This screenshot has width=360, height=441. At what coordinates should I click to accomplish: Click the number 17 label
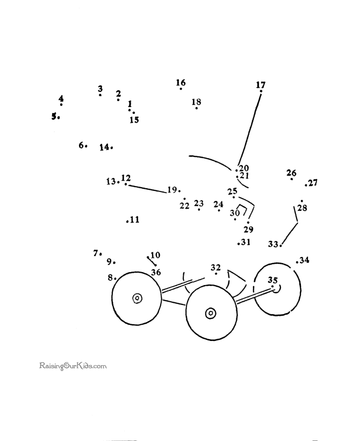261,84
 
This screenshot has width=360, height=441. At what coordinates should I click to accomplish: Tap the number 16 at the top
181,82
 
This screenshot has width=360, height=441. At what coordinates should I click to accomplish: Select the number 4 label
61,98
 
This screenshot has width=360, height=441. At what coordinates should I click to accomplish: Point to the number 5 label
54,116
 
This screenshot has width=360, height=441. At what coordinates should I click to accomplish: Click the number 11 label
134,219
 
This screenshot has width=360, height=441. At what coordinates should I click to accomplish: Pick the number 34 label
304,260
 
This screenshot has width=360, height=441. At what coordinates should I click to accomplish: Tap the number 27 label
312,183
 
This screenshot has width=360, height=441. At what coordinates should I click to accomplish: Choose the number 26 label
291,173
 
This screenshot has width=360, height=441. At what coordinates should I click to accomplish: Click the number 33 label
273,244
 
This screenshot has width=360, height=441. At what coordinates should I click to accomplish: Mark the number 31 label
246,243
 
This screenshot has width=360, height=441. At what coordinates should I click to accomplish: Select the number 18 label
196,102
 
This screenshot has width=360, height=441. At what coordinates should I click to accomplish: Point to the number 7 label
96,252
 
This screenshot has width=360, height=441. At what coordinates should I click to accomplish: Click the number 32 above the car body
215,267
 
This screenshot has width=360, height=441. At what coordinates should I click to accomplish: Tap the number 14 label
104,147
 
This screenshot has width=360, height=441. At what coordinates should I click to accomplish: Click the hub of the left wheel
137,297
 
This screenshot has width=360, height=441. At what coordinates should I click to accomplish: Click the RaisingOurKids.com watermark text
73,366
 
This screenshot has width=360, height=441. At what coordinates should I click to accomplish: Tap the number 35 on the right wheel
272,280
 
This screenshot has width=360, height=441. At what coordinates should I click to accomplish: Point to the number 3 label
100,89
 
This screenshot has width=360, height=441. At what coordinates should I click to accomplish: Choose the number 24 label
218,204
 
